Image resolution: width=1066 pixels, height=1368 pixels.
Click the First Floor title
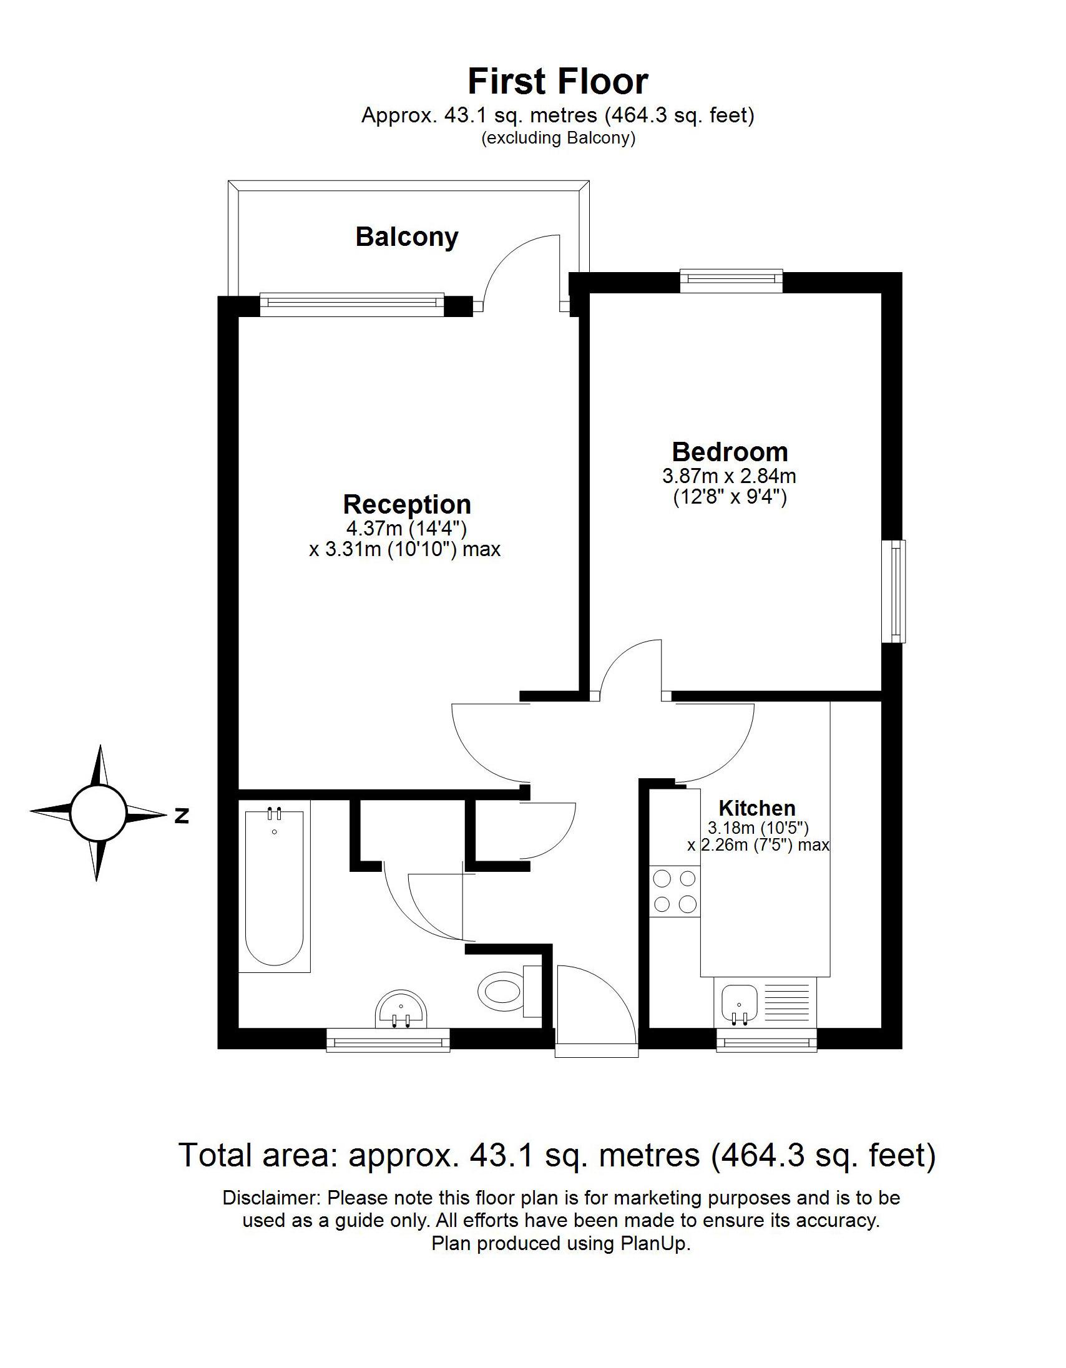tap(557, 82)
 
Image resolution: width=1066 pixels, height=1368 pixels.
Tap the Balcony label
tap(407, 237)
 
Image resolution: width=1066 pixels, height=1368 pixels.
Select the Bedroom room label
tap(730, 452)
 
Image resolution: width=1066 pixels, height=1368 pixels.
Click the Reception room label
tap(407, 504)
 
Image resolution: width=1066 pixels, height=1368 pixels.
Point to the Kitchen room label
tap(756, 808)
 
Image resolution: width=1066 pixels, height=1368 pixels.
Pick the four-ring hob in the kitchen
tap(675, 891)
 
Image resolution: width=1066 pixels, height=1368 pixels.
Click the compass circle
tap(98, 813)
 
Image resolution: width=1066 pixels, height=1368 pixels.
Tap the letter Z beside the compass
tap(182, 816)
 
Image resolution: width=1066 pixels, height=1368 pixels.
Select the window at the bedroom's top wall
tap(731, 280)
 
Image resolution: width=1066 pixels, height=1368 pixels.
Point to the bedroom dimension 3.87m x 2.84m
tap(729, 476)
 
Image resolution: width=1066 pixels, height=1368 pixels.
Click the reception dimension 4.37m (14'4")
tap(406, 528)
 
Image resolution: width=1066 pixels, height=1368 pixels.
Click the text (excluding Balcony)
tap(558, 138)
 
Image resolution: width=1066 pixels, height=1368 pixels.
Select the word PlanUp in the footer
tap(655, 1243)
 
